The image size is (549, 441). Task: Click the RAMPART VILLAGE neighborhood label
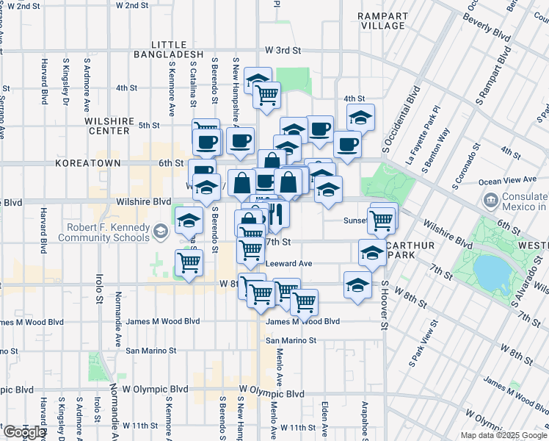pos(382,20)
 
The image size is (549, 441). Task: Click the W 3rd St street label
pos(283,51)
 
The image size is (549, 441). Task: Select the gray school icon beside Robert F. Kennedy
pos(159,233)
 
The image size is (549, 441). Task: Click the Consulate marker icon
pos(490,199)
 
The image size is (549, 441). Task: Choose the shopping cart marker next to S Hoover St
pos(382,219)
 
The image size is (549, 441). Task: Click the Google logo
pos(23,432)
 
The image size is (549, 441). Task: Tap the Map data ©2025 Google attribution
pos(504,435)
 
